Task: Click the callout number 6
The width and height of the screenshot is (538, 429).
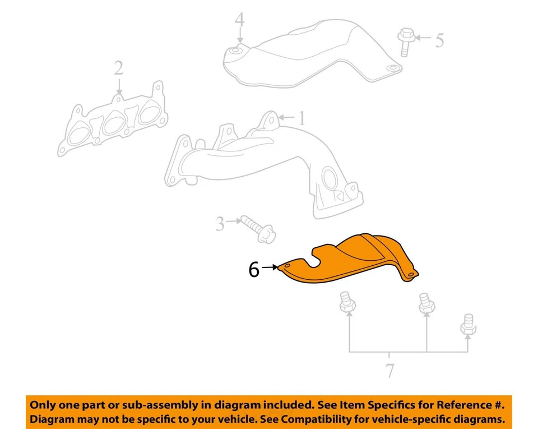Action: pos(254,270)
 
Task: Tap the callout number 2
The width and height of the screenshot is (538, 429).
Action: pos(118,68)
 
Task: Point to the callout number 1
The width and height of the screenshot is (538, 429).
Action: pos(302,118)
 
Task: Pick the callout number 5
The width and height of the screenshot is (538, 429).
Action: pos(439,40)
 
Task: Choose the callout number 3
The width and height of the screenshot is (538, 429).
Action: pos(220,224)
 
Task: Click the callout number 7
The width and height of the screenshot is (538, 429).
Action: pos(389,371)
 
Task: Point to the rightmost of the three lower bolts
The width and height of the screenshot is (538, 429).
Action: pos(468,325)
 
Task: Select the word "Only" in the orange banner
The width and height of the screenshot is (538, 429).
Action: pos(43,405)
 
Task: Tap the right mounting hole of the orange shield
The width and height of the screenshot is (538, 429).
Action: pos(411,274)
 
